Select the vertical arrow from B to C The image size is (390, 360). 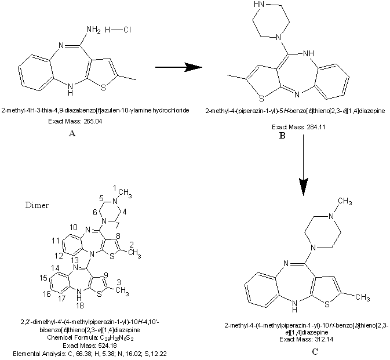302,174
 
